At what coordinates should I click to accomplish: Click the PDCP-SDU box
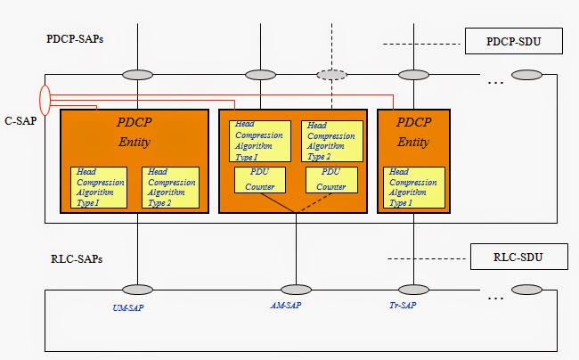(511, 40)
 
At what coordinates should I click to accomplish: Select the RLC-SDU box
(518, 258)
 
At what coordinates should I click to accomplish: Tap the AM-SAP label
(296, 307)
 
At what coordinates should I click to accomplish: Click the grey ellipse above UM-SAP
(137, 290)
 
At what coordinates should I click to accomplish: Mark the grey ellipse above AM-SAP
(296, 290)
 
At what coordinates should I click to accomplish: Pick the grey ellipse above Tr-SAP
(412, 290)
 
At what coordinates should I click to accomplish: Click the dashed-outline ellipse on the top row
(332, 75)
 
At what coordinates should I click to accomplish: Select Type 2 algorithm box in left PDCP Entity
(170, 187)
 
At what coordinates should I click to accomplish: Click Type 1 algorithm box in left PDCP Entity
(99, 187)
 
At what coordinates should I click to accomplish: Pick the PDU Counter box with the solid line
(259, 179)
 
